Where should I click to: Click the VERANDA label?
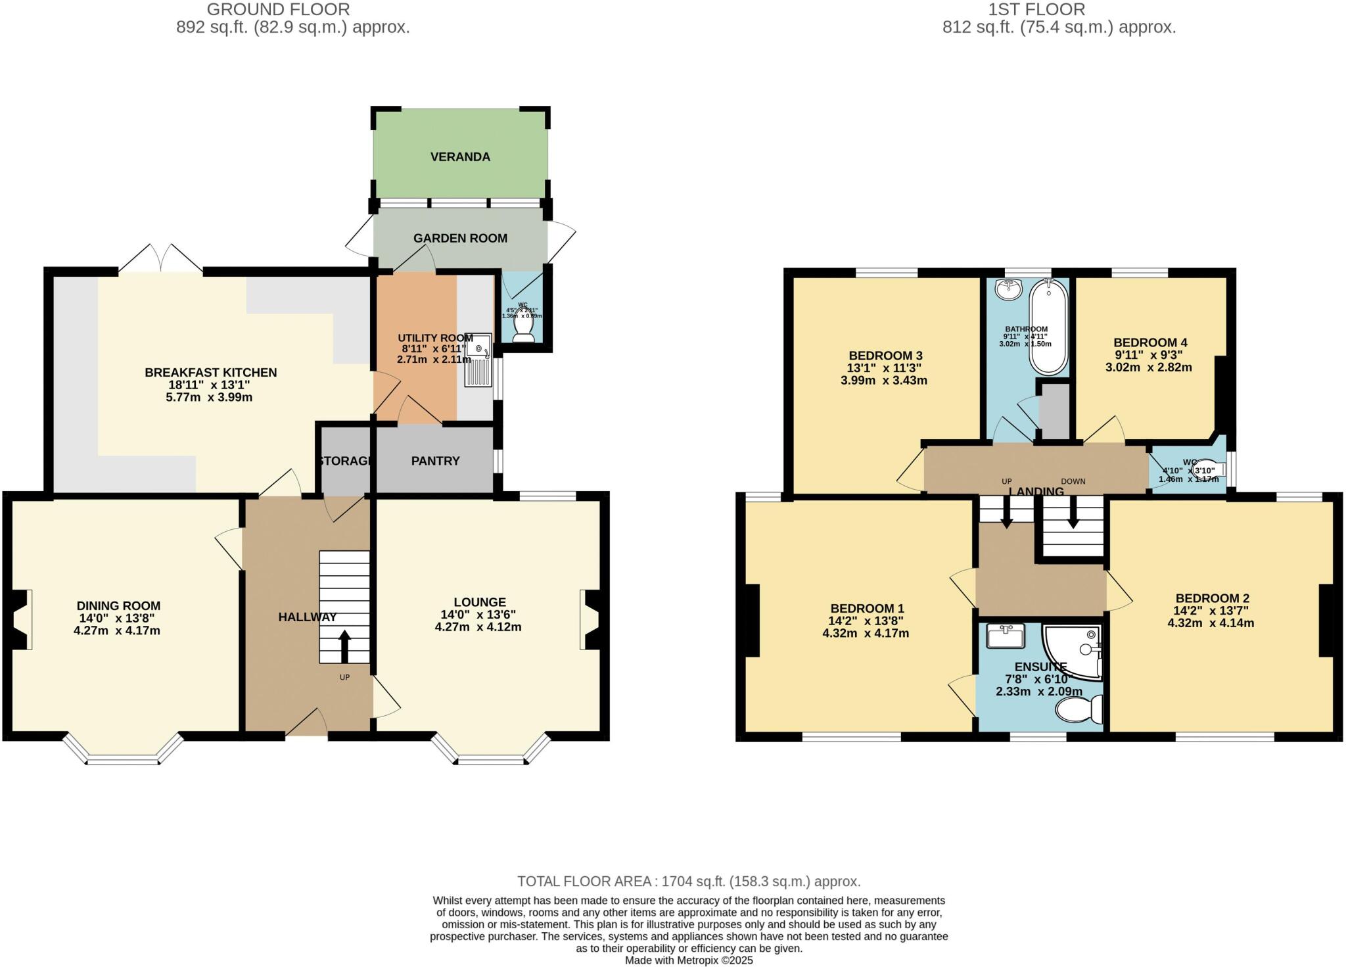(x=460, y=157)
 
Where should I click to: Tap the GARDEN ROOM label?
(x=460, y=238)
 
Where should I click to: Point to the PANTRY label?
(x=435, y=461)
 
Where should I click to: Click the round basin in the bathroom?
(x=1008, y=289)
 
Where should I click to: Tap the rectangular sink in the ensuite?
(x=1006, y=635)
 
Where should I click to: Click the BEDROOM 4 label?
(x=1150, y=342)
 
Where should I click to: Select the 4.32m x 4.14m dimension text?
(x=1211, y=623)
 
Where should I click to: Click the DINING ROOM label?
(x=118, y=606)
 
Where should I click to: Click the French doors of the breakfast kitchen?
(x=161, y=259)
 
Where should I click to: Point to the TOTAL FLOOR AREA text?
(x=688, y=882)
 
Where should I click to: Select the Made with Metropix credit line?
(x=688, y=960)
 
